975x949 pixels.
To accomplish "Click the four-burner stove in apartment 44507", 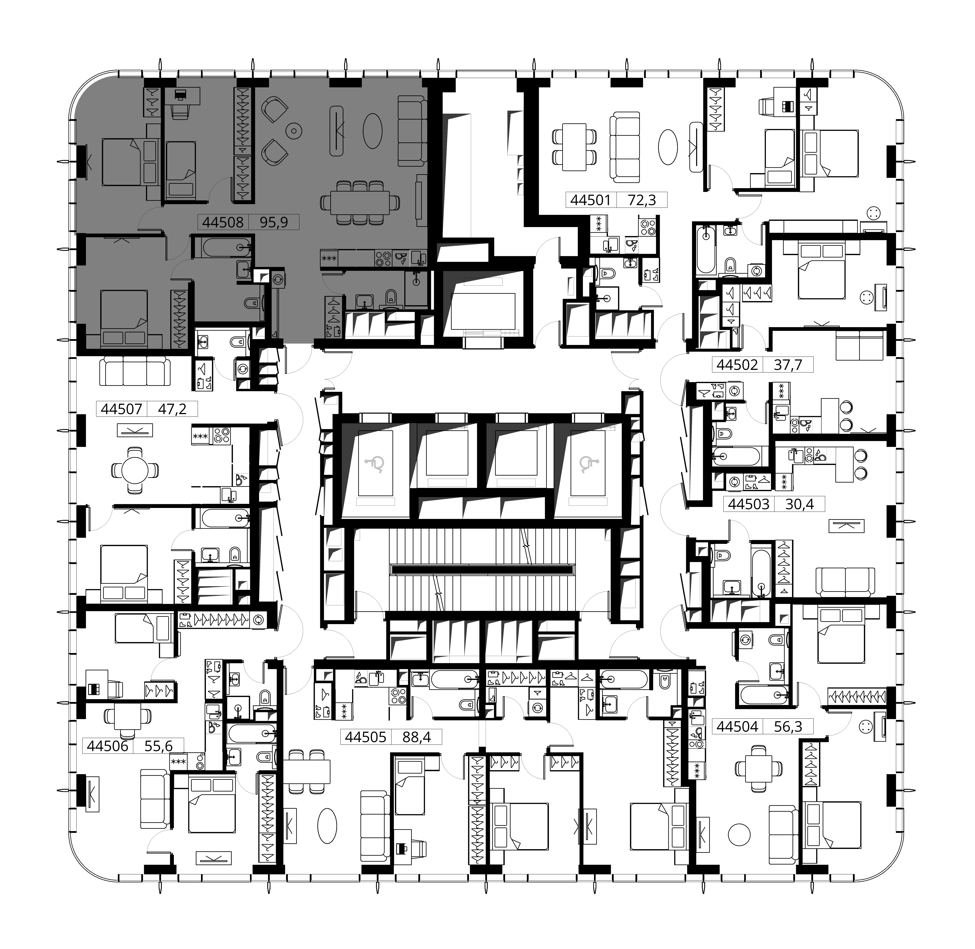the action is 222,436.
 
